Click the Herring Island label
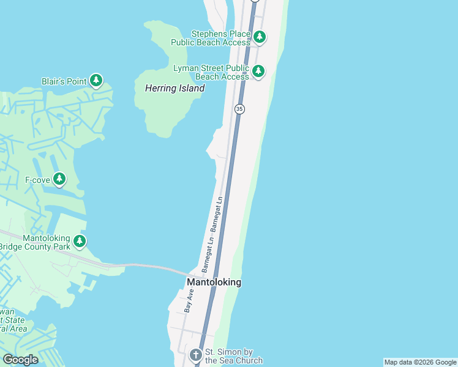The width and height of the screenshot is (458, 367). pos(175,89)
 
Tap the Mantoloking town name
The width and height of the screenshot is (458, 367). pos(214,282)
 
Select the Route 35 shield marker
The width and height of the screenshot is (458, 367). pos(239,108)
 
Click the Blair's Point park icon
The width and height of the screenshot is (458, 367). pos(96,80)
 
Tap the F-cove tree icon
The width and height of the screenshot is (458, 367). pos(59,179)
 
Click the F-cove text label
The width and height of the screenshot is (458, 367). pos(37,180)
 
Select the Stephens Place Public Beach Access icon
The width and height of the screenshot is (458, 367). pos(260,37)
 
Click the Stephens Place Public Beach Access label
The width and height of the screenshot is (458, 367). pos(220,38)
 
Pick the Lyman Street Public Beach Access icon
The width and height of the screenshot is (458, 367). pos(258,72)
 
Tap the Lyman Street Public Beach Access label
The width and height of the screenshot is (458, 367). pos(211,72)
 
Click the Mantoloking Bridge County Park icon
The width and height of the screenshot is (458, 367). pos(80,242)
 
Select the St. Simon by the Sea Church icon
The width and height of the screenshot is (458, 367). pos(195,355)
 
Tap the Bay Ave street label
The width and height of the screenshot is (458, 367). pos(189,302)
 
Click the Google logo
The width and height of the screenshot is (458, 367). pos(20,360)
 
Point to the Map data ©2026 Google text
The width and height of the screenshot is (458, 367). pos(420,362)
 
